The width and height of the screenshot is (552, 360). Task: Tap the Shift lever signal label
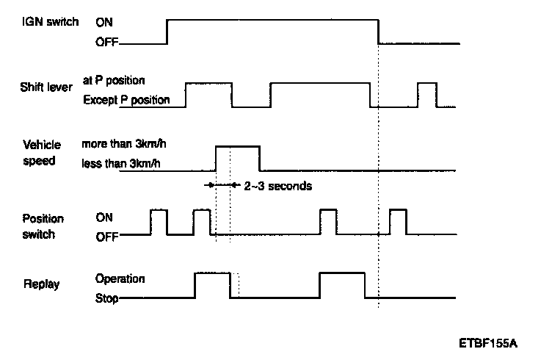pyautogui.click(x=46, y=87)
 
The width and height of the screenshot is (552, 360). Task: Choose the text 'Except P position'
pyautogui.click(x=126, y=99)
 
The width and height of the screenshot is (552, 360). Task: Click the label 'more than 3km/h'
pyautogui.click(x=126, y=145)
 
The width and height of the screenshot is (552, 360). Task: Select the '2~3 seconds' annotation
pyautogui.click(x=277, y=186)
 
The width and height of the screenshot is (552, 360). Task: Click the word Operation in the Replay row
pyautogui.click(x=120, y=279)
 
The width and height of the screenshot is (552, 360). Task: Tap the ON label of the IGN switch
pyautogui.click(x=104, y=22)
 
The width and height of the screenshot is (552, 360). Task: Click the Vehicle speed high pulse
pyautogui.click(x=237, y=158)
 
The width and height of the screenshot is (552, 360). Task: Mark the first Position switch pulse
pyautogui.click(x=159, y=222)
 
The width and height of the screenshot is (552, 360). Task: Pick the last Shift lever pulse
pyautogui.click(x=427, y=94)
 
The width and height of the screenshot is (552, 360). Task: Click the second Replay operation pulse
pyautogui.click(x=342, y=285)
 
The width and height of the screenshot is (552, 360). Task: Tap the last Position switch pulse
pyautogui.click(x=399, y=222)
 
